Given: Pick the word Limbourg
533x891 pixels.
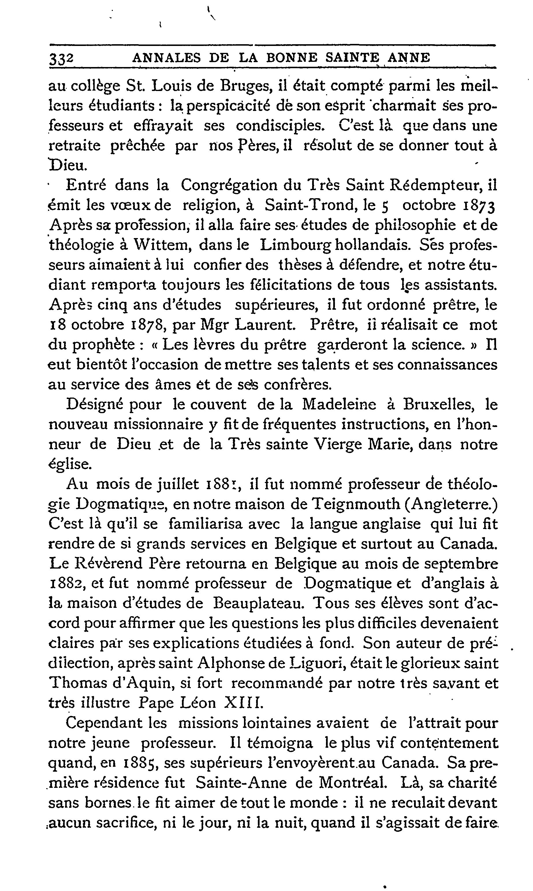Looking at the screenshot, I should pyautogui.click(x=296, y=246).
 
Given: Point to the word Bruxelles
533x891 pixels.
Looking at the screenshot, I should pyautogui.click(x=439, y=404).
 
